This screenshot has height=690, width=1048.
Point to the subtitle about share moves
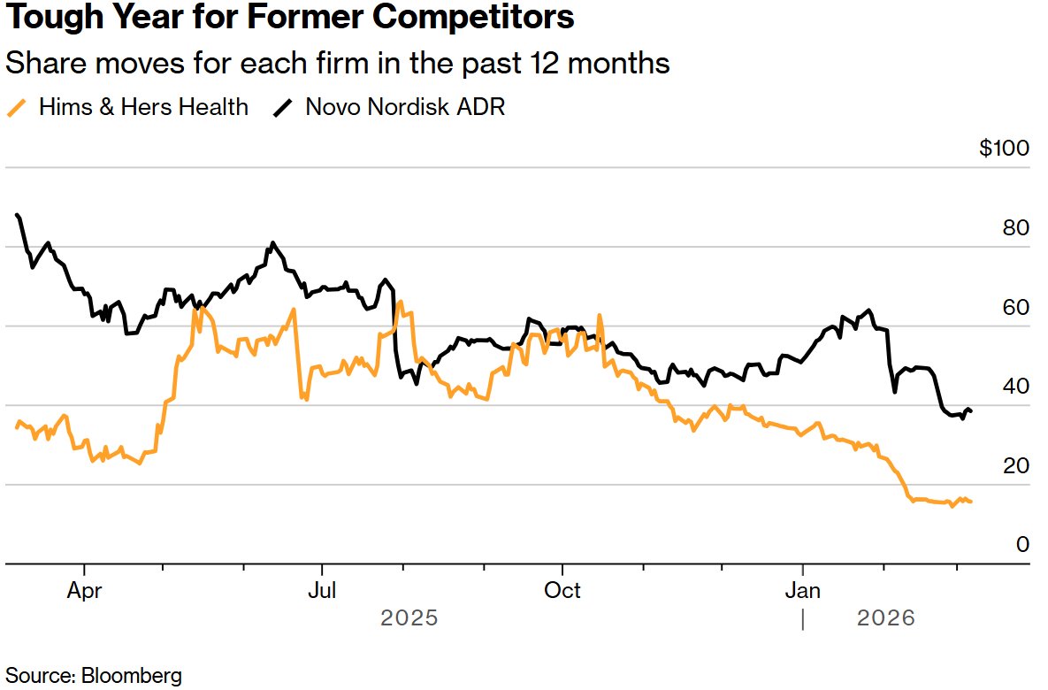[x=337, y=64]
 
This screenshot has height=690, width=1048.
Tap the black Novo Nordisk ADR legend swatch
[x=283, y=108]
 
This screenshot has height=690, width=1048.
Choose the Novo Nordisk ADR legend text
[x=405, y=108]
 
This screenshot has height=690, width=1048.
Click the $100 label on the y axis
[x=1004, y=148]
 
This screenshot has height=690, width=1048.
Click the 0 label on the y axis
[x=1022, y=545]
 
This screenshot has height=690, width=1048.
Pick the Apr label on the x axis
[x=85, y=590]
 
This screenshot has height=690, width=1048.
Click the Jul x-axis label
[x=322, y=590]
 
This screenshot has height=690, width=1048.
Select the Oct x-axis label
[x=562, y=590]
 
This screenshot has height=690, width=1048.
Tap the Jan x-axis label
[x=802, y=590]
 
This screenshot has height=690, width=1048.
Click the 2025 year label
[x=409, y=617]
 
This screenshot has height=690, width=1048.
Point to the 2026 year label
[x=886, y=617]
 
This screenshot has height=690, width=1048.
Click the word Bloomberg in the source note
[x=132, y=675]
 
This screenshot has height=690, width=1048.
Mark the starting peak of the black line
[x=18, y=215]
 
